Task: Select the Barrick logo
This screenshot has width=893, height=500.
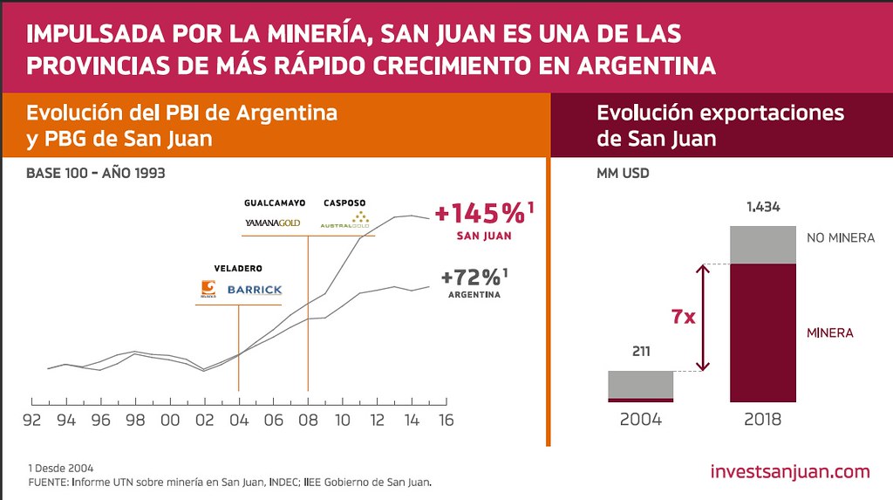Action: (x=255, y=290)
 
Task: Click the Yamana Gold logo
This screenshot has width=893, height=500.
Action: (x=272, y=223)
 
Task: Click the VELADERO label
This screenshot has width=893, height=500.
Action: (x=238, y=268)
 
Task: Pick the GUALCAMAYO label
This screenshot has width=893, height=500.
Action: (x=274, y=202)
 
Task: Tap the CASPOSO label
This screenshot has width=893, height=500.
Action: (x=345, y=202)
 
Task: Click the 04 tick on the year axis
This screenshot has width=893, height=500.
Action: (x=238, y=420)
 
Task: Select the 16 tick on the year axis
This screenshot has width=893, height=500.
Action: (x=445, y=420)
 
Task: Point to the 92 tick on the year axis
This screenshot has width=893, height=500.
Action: (x=32, y=420)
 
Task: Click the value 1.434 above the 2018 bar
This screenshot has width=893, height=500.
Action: (x=763, y=208)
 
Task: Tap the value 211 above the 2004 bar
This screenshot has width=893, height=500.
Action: (x=641, y=352)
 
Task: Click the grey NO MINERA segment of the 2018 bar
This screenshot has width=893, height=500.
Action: (x=763, y=244)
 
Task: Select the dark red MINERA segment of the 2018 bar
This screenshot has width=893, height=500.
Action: (x=763, y=332)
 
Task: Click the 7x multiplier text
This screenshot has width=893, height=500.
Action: (x=683, y=317)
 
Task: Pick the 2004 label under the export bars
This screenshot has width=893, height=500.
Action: (x=641, y=419)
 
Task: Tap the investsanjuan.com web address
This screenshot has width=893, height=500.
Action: (x=790, y=472)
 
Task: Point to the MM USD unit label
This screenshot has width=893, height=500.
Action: (x=623, y=173)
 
